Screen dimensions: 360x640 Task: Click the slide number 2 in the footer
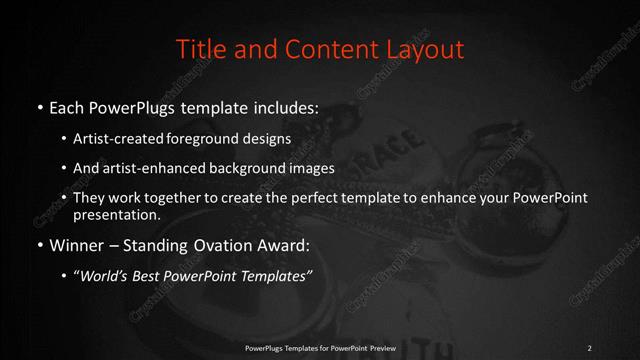click(x=590, y=347)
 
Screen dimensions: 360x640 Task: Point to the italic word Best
click(x=153, y=274)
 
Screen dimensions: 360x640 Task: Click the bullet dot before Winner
click(x=39, y=243)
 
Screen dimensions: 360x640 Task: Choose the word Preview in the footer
click(x=381, y=347)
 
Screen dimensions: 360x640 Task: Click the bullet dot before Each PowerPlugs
click(x=39, y=105)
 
